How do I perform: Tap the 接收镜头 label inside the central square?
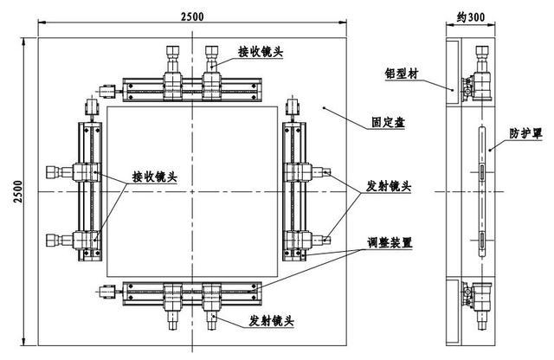pos(155,177)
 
